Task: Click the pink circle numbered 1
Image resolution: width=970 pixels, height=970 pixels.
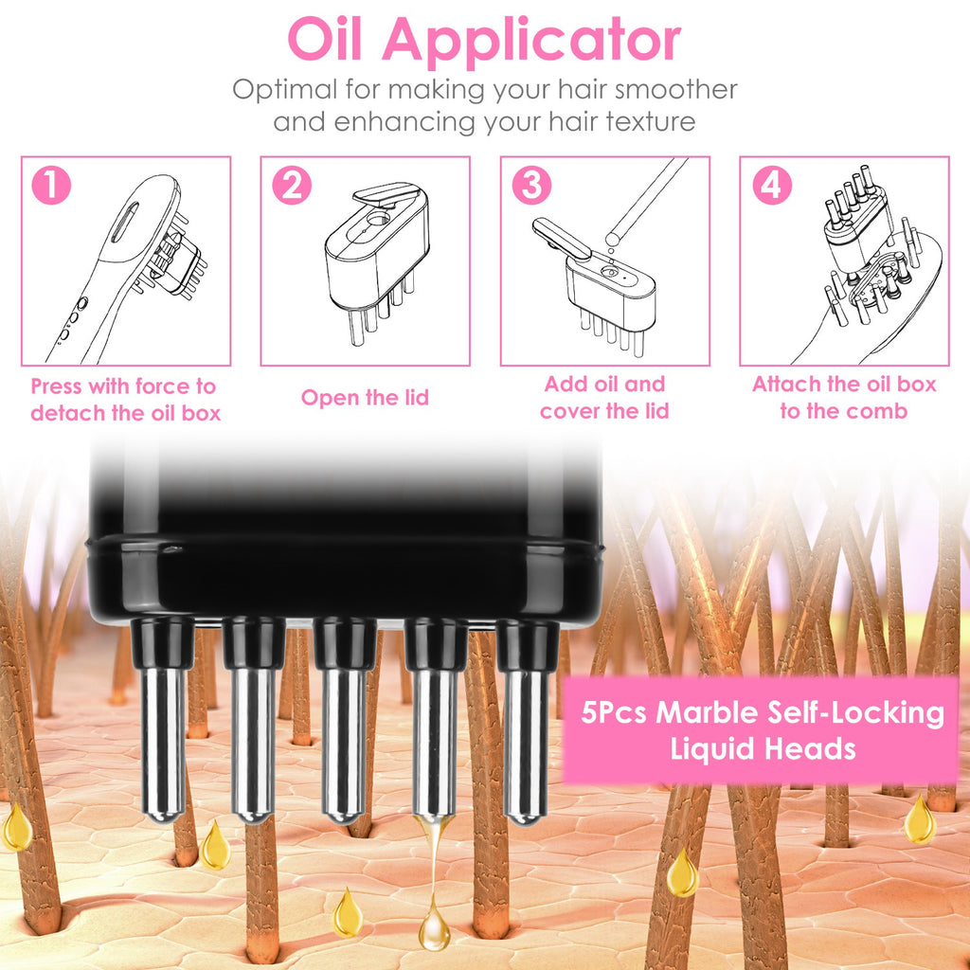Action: (x=51, y=186)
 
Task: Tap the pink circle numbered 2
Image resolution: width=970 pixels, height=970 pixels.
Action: (x=291, y=186)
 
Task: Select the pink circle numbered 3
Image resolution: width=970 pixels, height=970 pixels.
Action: (x=530, y=186)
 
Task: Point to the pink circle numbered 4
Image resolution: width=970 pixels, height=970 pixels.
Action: (x=771, y=186)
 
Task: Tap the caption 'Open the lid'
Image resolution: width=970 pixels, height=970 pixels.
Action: (x=365, y=398)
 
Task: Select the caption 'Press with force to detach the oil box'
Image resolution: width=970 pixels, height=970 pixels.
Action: (x=125, y=400)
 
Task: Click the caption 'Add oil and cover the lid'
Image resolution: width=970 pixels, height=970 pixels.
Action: (x=604, y=398)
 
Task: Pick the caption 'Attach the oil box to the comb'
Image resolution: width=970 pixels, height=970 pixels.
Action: (x=844, y=398)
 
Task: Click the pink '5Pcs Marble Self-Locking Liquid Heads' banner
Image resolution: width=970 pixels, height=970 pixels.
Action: (x=762, y=730)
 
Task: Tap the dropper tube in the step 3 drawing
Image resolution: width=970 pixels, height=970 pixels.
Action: (x=649, y=199)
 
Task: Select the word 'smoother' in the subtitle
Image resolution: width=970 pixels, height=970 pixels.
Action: (x=676, y=89)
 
